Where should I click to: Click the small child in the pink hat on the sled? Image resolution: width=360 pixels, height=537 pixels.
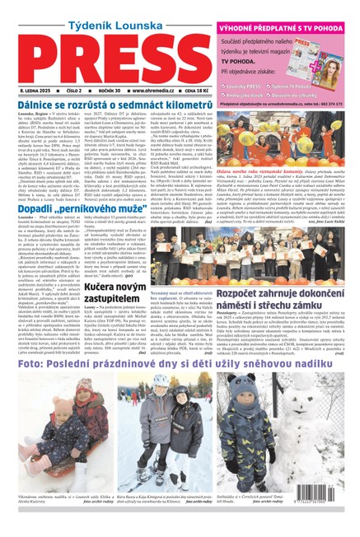pos(66,461)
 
